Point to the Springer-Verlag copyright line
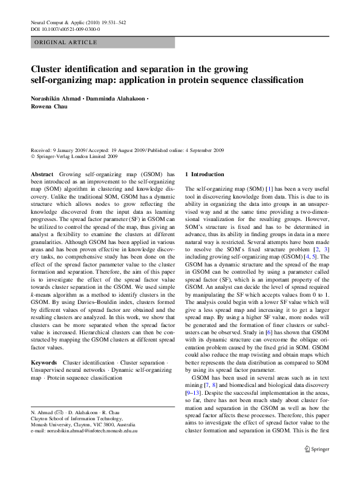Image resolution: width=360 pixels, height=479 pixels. [x=74, y=156]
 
